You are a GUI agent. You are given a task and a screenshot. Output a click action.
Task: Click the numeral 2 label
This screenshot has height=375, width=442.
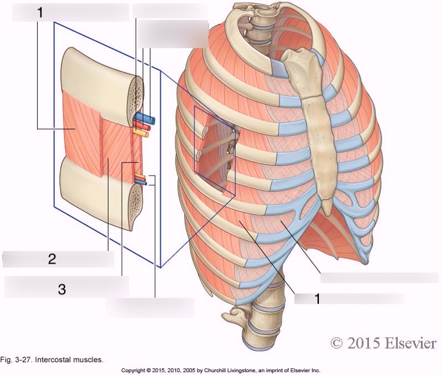tap(52, 259)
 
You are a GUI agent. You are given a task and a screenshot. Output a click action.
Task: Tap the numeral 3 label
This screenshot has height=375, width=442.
tap(62, 289)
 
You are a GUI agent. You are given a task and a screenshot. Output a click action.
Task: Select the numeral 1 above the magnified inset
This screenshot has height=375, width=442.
tap(40, 12)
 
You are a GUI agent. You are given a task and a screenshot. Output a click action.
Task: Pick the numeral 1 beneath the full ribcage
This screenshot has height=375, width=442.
tap(317, 299)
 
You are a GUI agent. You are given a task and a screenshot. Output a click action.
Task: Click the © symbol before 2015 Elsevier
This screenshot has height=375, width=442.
tap(337, 343)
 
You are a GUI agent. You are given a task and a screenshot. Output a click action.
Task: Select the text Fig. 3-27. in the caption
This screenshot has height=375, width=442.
tap(16, 360)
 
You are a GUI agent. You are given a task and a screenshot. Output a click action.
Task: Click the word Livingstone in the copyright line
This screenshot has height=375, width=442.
tap(242, 371)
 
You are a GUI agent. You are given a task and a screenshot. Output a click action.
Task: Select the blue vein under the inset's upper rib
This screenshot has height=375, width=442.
tap(145, 119)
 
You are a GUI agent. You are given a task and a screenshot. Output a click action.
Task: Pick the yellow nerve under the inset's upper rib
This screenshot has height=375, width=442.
tap(140, 132)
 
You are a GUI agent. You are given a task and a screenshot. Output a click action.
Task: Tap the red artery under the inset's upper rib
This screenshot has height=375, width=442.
tap(142, 125)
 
